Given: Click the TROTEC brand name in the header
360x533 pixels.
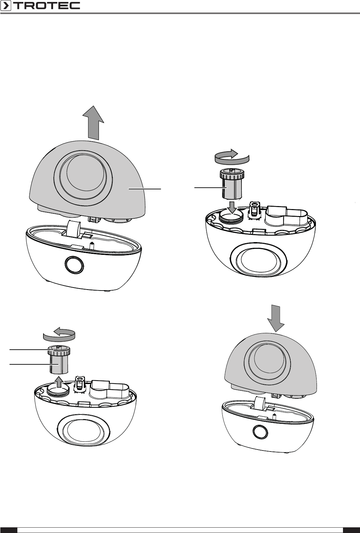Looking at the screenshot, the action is (46, 5).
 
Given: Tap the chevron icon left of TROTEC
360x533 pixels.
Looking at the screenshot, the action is (5, 6).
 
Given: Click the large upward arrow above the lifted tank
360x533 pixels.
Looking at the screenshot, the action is (93, 123).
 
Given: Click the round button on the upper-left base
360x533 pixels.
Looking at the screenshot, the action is (74, 264).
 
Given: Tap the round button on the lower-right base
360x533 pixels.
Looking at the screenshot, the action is (260, 431).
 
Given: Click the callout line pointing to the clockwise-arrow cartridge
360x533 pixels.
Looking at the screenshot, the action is (211, 188).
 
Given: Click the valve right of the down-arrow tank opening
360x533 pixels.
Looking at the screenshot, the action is (254, 211).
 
